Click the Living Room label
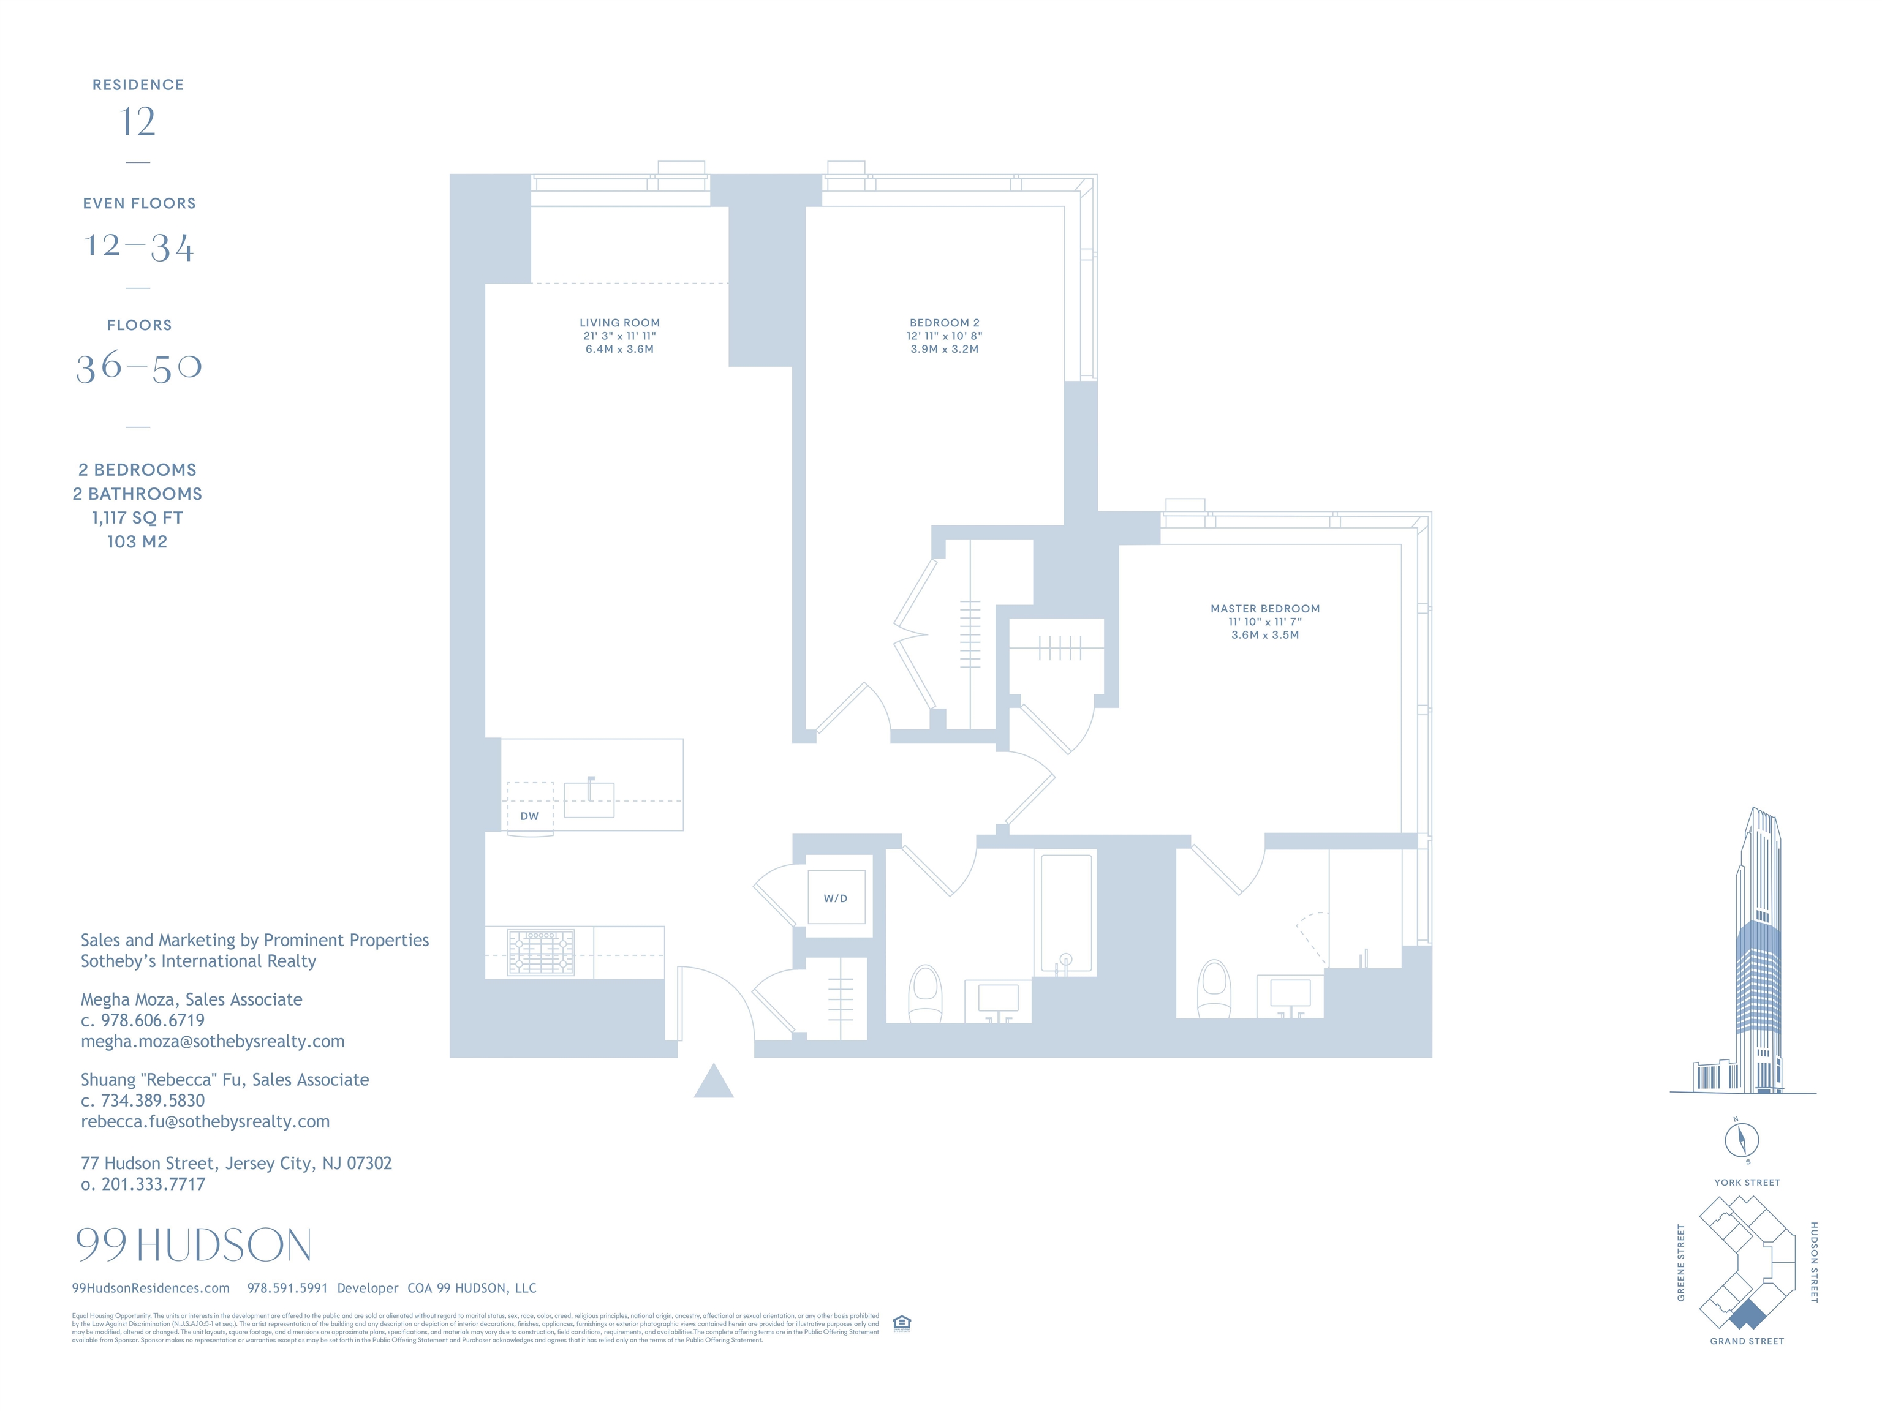point(619,323)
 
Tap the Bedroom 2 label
point(945,323)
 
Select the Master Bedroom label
point(1265,609)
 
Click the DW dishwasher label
point(529,816)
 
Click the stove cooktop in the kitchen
point(540,952)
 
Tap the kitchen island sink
point(589,799)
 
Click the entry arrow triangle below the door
point(713,1082)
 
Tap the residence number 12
point(138,122)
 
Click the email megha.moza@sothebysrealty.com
point(213,1041)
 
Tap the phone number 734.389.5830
point(153,1101)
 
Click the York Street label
point(1747,1182)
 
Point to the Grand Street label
point(1747,1341)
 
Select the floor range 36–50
point(138,367)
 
